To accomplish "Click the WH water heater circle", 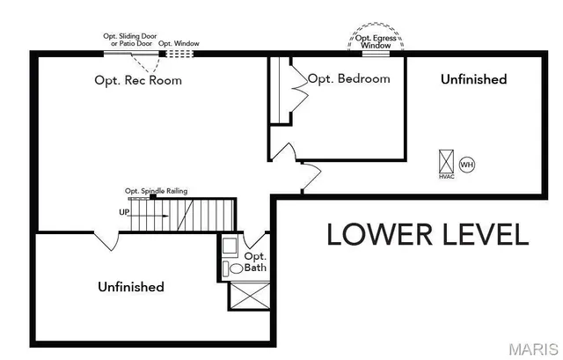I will click(x=467, y=165).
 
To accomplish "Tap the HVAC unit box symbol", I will click(x=446, y=162).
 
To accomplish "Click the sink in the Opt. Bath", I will click(x=230, y=245).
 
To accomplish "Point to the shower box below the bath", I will click(x=248, y=295).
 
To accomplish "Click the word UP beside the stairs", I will click(x=124, y=212).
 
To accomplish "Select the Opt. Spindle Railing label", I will click(x=156, y=191).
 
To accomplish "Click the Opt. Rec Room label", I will click(x=138, y=80).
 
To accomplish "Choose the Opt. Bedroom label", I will click(x=348, y=78).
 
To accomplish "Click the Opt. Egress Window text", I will click(x=376, y=41).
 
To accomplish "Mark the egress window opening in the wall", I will click(x=376, y=54).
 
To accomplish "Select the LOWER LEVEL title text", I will click(x=428, y=234).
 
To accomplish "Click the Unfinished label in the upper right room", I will click(x=473, y=79).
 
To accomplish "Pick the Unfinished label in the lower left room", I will click(x=131, y=287).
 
